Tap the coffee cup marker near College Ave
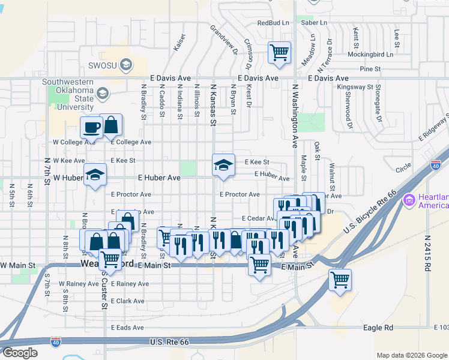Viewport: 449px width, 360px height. [x=92, y=127]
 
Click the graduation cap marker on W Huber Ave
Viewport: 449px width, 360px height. [x=95, y=175]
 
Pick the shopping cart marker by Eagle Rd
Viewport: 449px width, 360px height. [x=340, y=280]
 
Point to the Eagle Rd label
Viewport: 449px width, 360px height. [x=378, y=328]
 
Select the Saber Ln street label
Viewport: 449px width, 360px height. [x=314, y=23]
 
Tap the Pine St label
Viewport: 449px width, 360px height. [x=366, y=70]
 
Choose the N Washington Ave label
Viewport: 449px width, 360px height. [x=295, y=115]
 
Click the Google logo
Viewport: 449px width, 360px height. [x=20, y=353]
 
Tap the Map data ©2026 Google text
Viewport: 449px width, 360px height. [x=411, y=355]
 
